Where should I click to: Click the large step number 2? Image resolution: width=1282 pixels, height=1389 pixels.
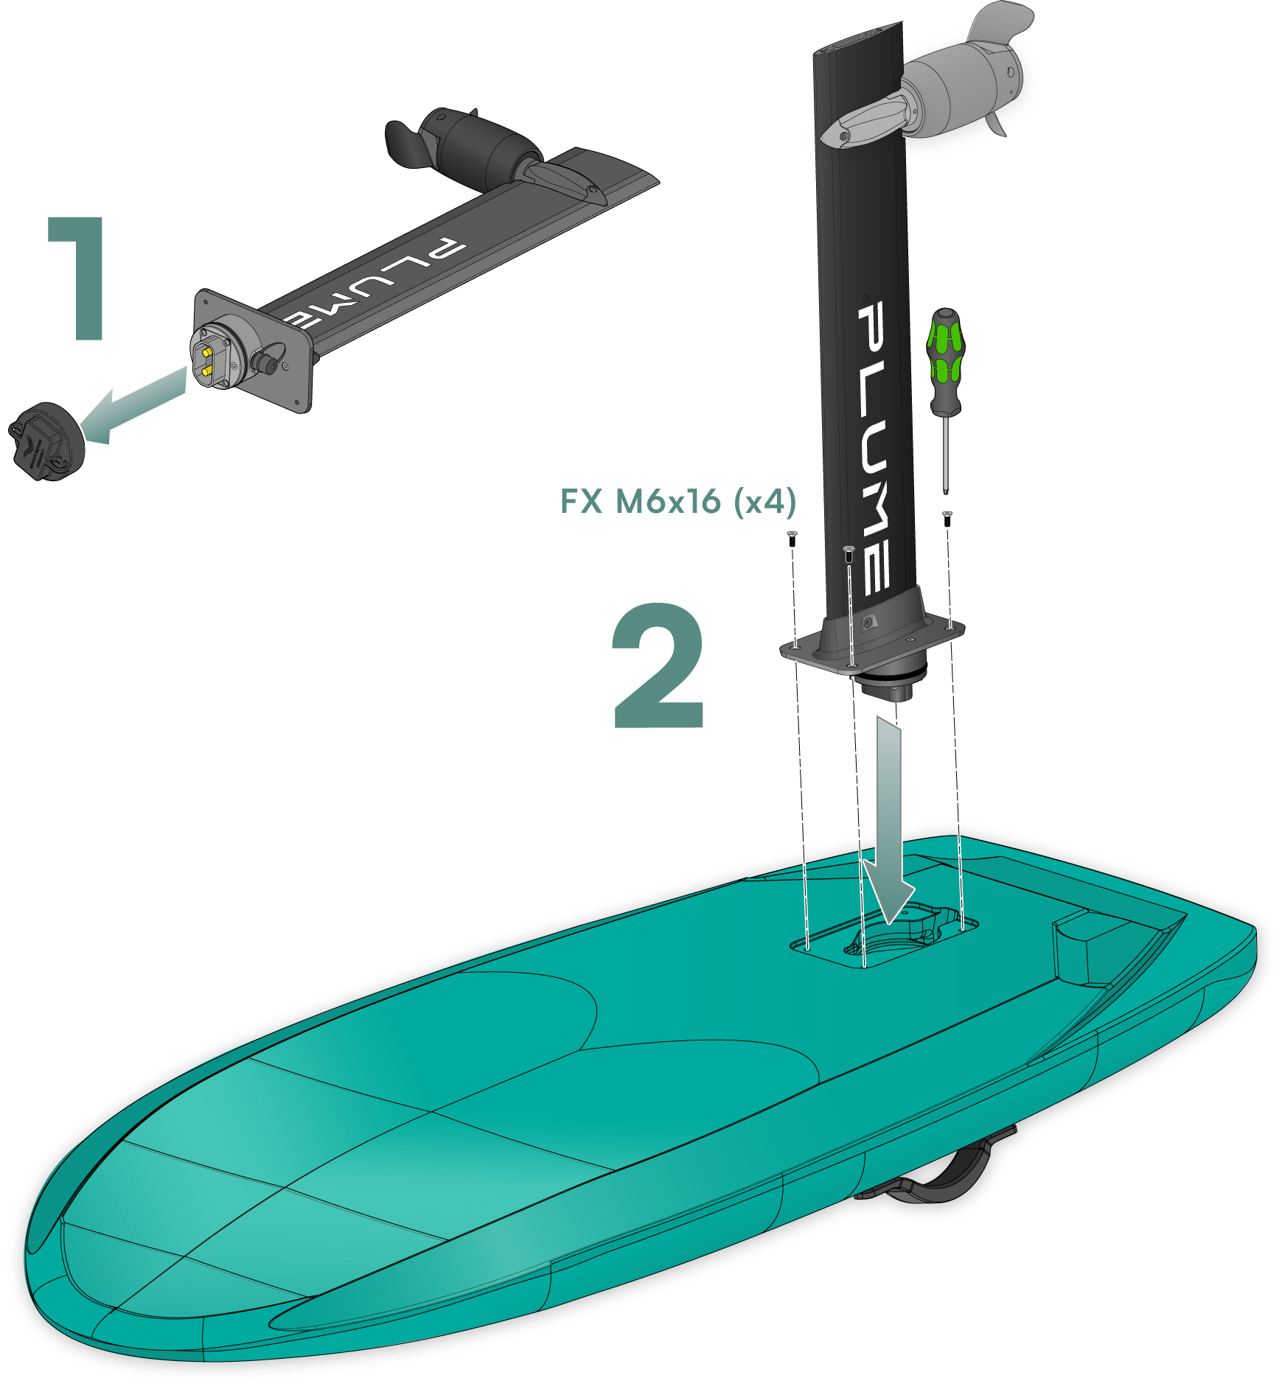pos(658,665)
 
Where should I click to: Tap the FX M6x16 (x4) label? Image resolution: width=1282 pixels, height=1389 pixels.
pos(678,502)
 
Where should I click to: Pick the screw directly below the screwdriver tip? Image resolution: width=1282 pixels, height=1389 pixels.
pos(948,517)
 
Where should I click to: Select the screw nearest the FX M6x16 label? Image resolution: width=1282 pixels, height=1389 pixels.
pos(792,537)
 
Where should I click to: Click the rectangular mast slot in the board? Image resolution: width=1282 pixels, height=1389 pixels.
pos(885,940)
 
